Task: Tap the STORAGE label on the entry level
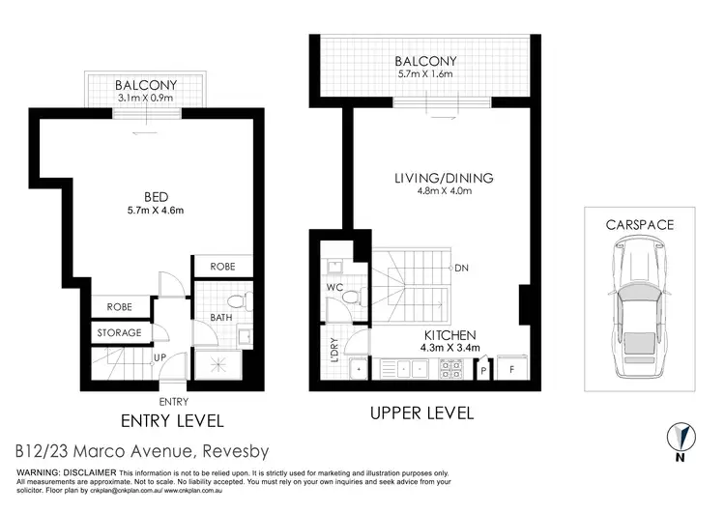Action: (x=119, y=333)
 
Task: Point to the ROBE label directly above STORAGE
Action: (x=119, y=306)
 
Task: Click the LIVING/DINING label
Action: (x=444, y=178)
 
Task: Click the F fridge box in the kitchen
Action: (x=512, y=368)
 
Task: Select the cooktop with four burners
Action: (x=450, y=368)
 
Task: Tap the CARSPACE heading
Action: (x=639, y=224)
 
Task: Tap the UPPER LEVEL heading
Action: (x=421, y=413)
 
